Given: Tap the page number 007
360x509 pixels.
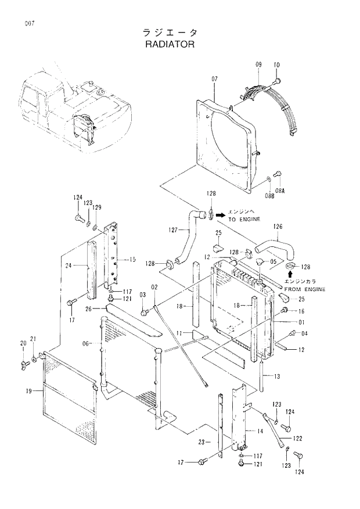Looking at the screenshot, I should (x=29, y=23).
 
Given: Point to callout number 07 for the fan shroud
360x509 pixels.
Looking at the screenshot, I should (x=214, y=78).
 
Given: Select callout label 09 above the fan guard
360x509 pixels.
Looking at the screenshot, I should (x=258, y=64).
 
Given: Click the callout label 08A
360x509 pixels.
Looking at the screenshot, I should (x=280, y=191).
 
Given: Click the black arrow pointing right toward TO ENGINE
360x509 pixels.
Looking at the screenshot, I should (x=220, y=215).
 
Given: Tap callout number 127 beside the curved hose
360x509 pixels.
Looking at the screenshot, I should (x=172, y=230).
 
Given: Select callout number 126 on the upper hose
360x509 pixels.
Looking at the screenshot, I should (x=278, y=226).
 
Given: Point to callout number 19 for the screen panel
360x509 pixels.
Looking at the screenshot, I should (x=28, y=391).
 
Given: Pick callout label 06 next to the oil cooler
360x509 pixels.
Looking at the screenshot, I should (x=85, y=343).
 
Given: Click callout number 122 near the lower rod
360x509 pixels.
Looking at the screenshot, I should (x=297, y=438).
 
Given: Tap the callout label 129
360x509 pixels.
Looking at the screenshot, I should (x=97, y=207).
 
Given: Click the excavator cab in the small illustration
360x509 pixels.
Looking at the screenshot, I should (x=33, y=99).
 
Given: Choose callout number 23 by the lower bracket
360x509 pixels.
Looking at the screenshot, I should (x=201, y=442).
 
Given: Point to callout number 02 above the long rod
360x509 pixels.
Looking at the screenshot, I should (x=154, y=287).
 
